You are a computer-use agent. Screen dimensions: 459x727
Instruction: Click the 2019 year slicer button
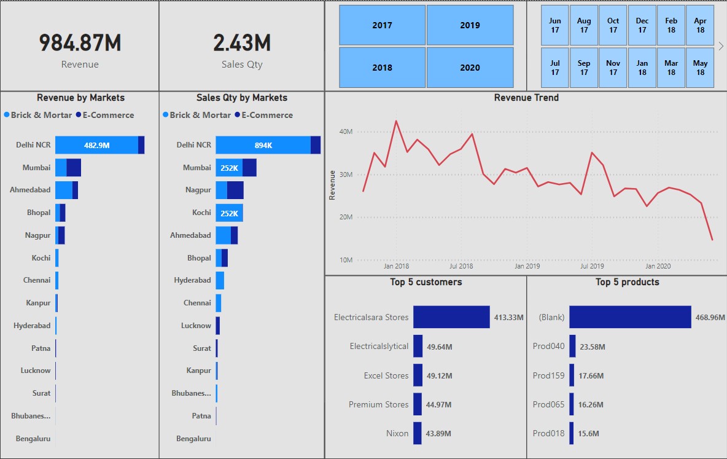(x=470, y=25)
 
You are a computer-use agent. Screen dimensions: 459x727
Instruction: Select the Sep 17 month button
(x=584, y=68)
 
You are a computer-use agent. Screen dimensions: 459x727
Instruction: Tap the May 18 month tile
(x=700, y=68)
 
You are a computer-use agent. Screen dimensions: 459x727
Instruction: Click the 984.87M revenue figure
(x=80, y=42)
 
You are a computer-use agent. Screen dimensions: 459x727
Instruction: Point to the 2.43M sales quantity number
(x=242, y=42)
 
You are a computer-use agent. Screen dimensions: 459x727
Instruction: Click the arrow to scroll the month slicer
(x=721, y=46)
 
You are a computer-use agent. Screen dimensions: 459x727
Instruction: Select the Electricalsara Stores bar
(x=451, y=317)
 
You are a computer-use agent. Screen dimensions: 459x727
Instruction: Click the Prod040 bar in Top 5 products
(x=572, y=346)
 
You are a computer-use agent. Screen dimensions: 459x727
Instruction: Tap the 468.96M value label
(x=710, y=318)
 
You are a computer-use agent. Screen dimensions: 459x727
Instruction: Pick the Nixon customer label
(x=397, y=433)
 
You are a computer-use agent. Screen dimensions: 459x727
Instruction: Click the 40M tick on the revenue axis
(x=346, y=131)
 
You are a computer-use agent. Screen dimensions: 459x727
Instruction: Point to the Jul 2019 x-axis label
(x=592, y=267)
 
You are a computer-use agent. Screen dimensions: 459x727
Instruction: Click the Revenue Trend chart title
(x=526, y=97)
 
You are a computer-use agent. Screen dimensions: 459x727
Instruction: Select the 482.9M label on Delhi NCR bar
(x=97, y=145)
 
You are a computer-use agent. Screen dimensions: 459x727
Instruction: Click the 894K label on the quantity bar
(x=263, y=145)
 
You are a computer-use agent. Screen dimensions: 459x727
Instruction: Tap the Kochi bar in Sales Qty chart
(x=229, y=213)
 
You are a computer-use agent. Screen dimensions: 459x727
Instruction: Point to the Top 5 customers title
(x=426, y=282)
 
